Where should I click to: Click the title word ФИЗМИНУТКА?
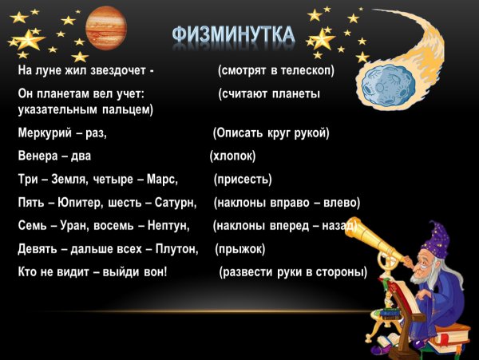point(232,35)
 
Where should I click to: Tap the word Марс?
point(162,179)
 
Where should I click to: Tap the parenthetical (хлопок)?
point(236,156)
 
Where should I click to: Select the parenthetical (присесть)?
point(243,179)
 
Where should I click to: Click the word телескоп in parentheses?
point(304,71)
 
